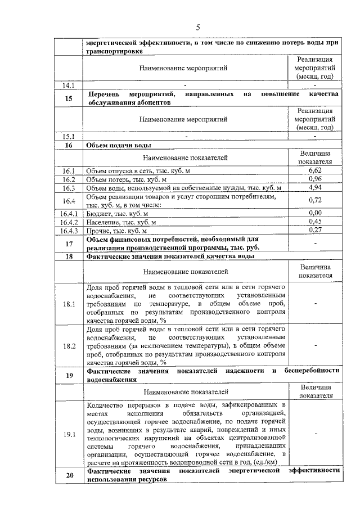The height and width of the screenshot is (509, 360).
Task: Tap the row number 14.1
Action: [69, 85]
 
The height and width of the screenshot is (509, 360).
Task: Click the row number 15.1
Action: [69, 136]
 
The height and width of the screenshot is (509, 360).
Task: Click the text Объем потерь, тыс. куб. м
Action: [127, 179]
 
